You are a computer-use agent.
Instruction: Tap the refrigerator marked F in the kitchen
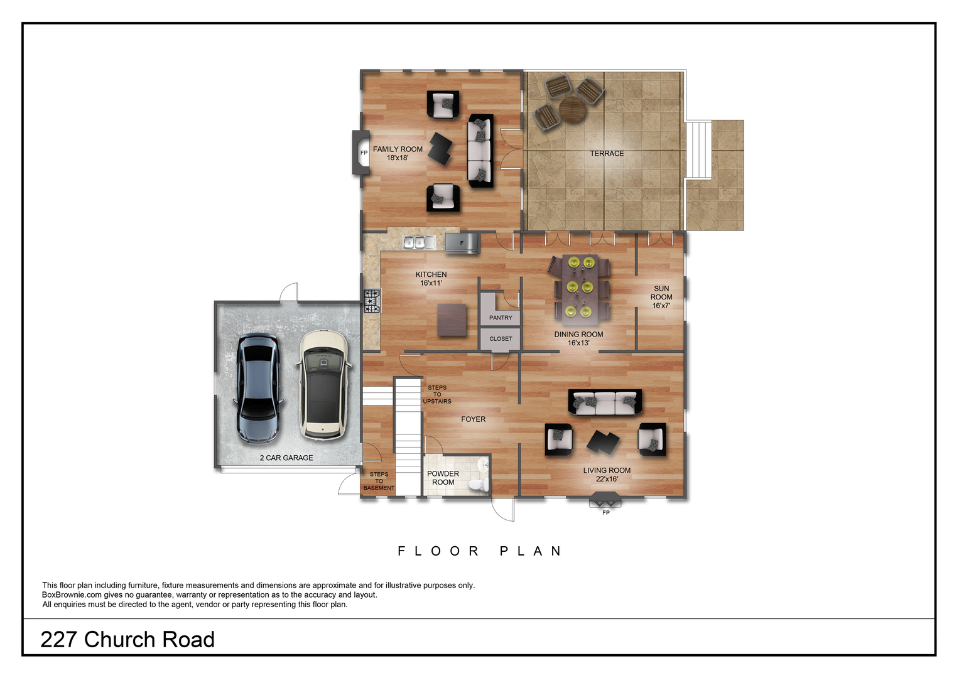(462, 243)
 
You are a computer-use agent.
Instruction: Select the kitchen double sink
(419, 243)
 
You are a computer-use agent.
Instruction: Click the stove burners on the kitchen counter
(372, 301)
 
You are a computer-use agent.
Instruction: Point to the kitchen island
(452, 320)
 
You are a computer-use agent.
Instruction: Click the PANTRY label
(501, 318)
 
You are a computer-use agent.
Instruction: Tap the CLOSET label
(501, 338)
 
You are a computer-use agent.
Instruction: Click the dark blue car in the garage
(258, 389)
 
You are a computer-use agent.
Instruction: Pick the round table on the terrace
(572, 109)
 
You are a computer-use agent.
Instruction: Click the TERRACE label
(607, 153)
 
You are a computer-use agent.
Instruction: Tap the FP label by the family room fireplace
(364, 153)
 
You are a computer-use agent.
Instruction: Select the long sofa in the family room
(480, 150)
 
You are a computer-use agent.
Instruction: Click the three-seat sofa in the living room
(605, 402)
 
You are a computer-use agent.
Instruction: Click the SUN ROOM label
(661, 297)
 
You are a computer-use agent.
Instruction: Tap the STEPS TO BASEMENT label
(379, 481)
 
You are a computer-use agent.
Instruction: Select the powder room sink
(484, 464)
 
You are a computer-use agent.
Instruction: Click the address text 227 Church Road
(127, 640)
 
